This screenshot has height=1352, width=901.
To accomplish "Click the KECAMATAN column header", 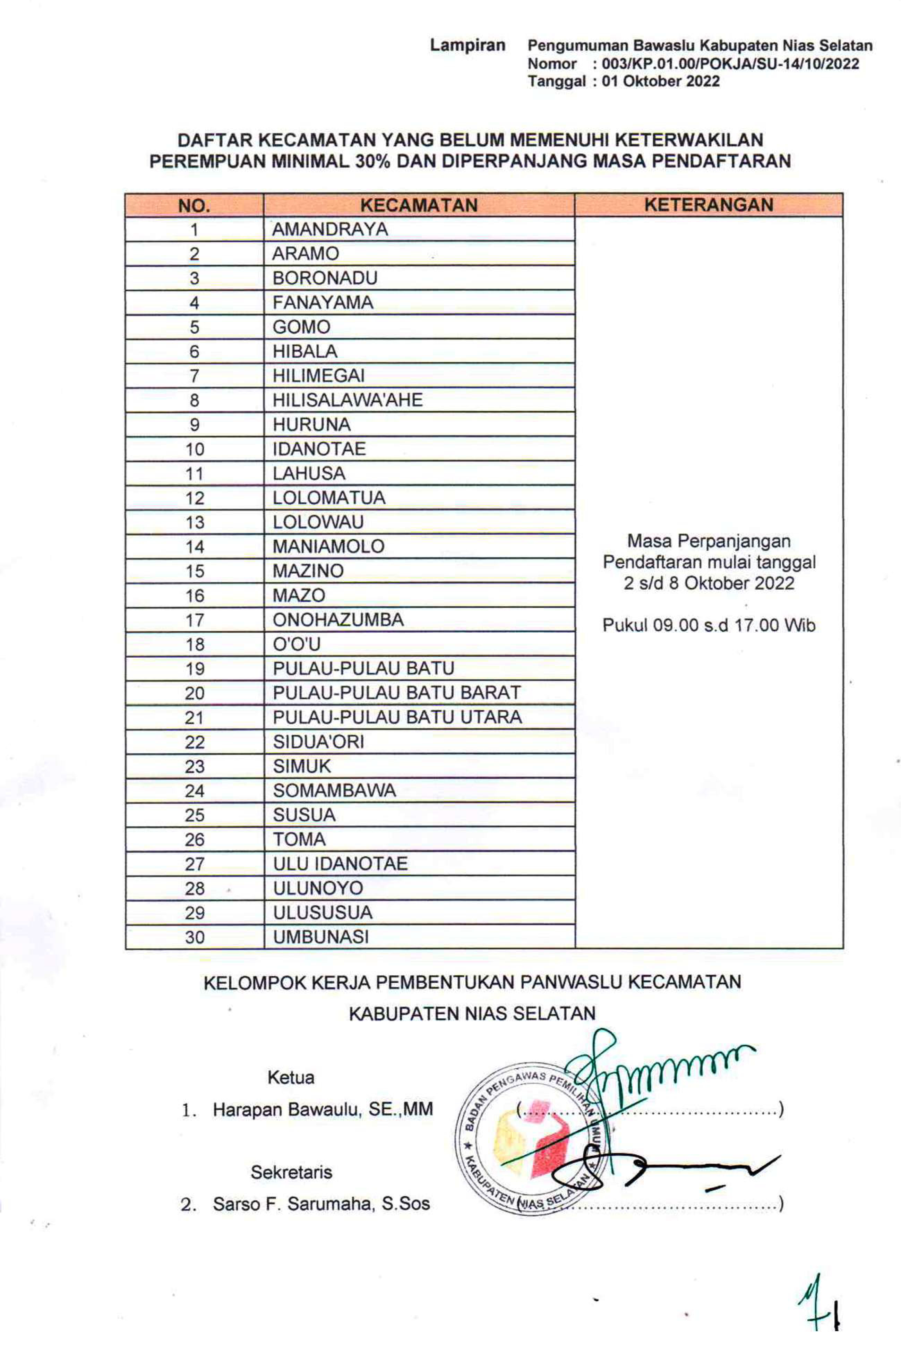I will click(x=419, y=205).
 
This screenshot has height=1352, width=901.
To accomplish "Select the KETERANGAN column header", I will click(x=709, y=205).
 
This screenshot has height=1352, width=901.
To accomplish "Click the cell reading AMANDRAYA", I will click(x=330, y=229).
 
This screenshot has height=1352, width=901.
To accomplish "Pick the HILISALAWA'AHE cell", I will click(x=347, y=400).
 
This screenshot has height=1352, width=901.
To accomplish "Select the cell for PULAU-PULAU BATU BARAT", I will click(x=396, y=693).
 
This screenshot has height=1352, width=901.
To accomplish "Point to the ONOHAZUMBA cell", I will click(x=338, y=620).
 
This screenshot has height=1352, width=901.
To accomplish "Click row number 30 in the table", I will click(x=194, y=937).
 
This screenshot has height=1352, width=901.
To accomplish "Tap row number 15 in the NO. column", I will click(x=194, y=571).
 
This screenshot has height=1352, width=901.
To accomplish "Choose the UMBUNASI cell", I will click(x=321, y=937).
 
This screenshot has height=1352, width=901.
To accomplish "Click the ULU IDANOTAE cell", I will click(x=340, y=864).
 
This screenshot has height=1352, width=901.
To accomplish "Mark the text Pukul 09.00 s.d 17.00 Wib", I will click(x=709, y=625).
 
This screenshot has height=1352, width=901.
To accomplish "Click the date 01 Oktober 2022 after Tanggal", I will click(x=660, y=81).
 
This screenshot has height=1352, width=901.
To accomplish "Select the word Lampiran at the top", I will click(x=467, y=45).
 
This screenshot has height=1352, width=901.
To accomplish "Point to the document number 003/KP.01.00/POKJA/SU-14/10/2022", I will click(x=730, y=63).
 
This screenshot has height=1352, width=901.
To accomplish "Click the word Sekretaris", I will click(x=291, y=1172).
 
